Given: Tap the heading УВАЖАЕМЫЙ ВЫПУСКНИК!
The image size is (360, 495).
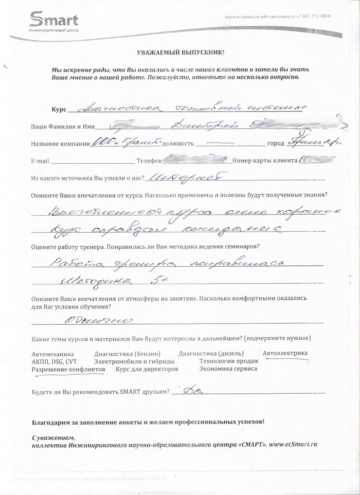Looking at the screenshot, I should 180,52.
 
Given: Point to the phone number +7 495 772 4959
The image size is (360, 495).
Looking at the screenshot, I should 314,17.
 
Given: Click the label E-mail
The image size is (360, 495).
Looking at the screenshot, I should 40,161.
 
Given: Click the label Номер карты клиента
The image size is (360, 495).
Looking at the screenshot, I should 266,161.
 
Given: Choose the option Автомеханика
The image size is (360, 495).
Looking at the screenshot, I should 52,354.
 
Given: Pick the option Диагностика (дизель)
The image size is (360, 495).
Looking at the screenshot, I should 211,354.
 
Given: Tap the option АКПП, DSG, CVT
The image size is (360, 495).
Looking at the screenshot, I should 54,362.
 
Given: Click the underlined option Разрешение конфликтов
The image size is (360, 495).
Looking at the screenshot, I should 68,369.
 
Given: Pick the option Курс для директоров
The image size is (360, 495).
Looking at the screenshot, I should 147,369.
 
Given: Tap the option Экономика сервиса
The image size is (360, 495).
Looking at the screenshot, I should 228,369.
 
